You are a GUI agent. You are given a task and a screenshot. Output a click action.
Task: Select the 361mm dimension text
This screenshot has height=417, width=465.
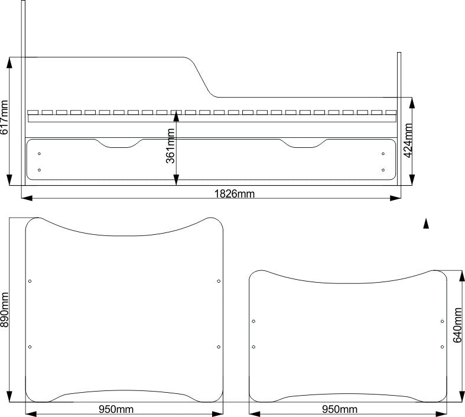pos(170,146)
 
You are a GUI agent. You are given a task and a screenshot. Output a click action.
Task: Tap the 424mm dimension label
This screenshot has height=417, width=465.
pos(408,140)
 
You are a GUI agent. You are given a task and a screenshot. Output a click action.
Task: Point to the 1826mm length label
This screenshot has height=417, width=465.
pos(235,194)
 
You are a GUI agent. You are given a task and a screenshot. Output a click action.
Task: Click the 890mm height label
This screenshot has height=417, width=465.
pos(5,310)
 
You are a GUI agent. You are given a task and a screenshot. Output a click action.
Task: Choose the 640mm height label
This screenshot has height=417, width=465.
pos(457,325)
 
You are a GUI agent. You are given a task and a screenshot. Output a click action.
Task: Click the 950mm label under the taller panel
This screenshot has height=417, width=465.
pos(116,409)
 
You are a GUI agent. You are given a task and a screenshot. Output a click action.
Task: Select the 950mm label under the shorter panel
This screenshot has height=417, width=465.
pos(340,409)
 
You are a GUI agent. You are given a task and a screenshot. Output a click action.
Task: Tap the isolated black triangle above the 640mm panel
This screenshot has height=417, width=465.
pos(426,224)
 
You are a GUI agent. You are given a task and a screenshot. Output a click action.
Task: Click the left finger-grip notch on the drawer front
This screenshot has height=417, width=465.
pos(119,144)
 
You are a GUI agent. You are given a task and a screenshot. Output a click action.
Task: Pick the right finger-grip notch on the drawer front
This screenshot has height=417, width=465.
pos(303,144)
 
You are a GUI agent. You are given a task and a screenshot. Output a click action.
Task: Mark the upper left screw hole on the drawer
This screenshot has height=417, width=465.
pos(39,153)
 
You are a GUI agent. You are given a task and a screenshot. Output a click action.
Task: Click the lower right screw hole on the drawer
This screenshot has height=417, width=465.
pos(383,170)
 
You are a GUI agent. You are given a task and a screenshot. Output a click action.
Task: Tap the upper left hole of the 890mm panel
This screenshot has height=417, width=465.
pos(30,281)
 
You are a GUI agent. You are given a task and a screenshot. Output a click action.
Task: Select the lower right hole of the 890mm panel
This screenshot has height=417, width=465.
pos(219,347)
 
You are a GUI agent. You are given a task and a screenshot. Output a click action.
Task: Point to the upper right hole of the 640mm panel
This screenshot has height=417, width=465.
pos(442,321)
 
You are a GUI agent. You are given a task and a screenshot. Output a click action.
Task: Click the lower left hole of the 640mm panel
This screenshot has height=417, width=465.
pos(253,347)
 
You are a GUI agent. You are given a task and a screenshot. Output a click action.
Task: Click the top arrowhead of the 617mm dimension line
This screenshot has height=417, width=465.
pos(9,63)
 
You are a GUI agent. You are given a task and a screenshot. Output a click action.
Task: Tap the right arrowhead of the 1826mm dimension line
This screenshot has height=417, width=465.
pos(395,198)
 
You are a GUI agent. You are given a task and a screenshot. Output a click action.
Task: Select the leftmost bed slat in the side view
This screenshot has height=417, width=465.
pos(33,112)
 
